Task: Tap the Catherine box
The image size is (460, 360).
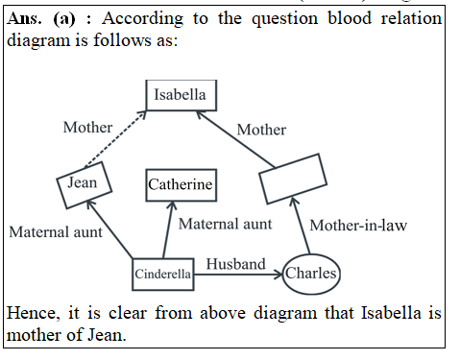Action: pyautogui.click(x=180, y=184)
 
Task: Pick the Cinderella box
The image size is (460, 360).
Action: pyautogui.click(x=162, y=274)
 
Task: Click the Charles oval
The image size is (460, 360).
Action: pyautogui.click(x=312, y=274)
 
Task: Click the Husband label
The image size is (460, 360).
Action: pyautogui.click(x=235, y=262)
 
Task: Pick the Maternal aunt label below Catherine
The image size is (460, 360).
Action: pyautogui.click(x=226, y=224)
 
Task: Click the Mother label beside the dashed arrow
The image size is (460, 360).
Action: pyautogui.click(x=87, y=127)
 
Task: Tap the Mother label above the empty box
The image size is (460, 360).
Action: pyautogui.click(x=261, y=130)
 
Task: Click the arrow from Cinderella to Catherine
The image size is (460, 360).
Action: pyautogui.click(x=169, y=230)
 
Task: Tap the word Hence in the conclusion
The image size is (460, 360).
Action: pyautogui.click(x=31, y=313)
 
